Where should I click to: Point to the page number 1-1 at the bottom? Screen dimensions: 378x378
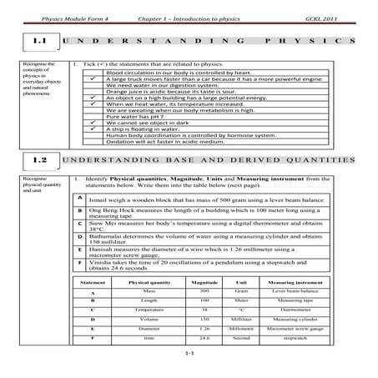pos(189,355)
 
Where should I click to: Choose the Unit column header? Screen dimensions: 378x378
pos(242,284)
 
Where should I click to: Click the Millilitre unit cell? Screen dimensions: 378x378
pos(242,320)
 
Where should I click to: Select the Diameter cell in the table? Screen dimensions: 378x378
pos(149,330)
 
